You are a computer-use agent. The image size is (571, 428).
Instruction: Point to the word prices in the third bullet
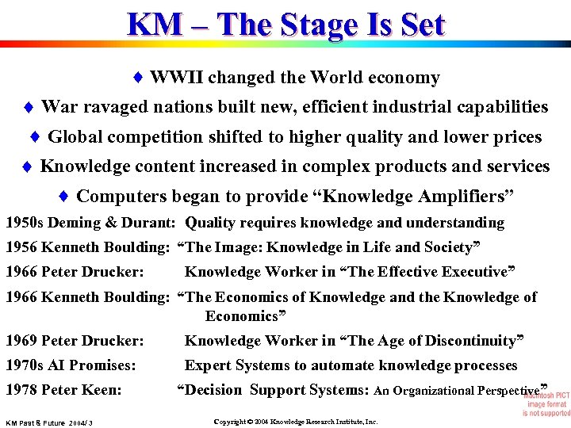click(x=517, y=137)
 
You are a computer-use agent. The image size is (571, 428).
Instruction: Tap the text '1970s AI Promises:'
click(x=71, y=365)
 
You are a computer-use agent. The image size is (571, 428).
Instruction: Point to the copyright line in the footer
click(x=296, y=422)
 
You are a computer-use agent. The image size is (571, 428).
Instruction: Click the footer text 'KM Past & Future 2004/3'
click(x=49, y=423)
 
